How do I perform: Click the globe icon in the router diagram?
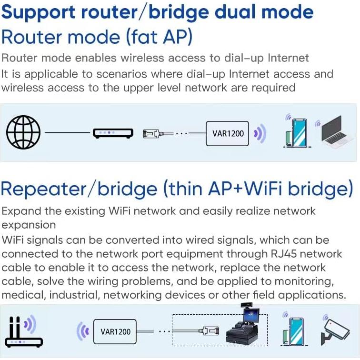(x=23, y=133)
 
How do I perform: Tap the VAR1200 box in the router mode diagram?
(x=228, y=133)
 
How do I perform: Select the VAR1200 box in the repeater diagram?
(x=116, y=331)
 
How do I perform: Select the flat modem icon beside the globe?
(x=112, y=133)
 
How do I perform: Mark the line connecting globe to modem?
(x=67, y=133)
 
